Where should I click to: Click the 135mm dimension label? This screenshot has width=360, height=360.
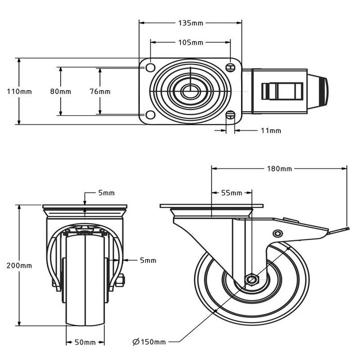point(190,23)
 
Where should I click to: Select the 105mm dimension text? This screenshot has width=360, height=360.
point(190,42)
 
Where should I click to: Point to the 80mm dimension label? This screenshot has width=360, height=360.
point(60,92)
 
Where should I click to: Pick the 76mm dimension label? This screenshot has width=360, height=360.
point(100,92)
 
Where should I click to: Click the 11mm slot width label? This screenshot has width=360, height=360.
point(271,131)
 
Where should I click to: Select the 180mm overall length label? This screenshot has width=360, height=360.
point(280,168)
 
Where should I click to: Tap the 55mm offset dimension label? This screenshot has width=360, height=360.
point(231,193)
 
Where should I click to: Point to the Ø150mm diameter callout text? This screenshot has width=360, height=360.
point(149,342)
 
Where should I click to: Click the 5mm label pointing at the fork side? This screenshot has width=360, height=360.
point(148,261)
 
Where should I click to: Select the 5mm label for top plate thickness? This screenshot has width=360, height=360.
point(106,193)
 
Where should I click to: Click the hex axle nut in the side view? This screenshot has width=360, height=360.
point(251,280)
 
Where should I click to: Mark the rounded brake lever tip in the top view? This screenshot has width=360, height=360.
point(322,92)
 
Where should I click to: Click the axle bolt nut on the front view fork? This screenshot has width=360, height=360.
point(121,281)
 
